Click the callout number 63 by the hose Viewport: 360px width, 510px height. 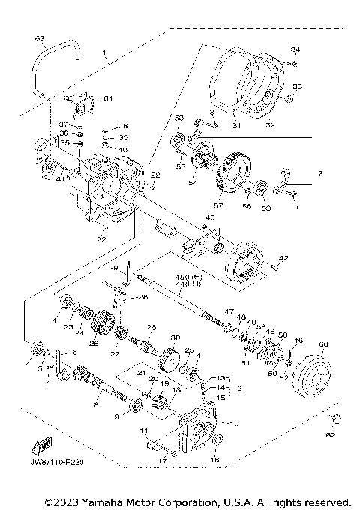pyautogui.click(x=40, y=37)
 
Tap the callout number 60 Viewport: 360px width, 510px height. pyautogui.click(x=324, y=345)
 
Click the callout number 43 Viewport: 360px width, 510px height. pyautogui.click(x=211, y=218)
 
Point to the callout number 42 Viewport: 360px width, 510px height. pyautogui.click(x=283, y=258)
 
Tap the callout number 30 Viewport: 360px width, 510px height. pyautogui.click(x=177, y=336)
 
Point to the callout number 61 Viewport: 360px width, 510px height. pyautogui.click(x=107, y=98)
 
